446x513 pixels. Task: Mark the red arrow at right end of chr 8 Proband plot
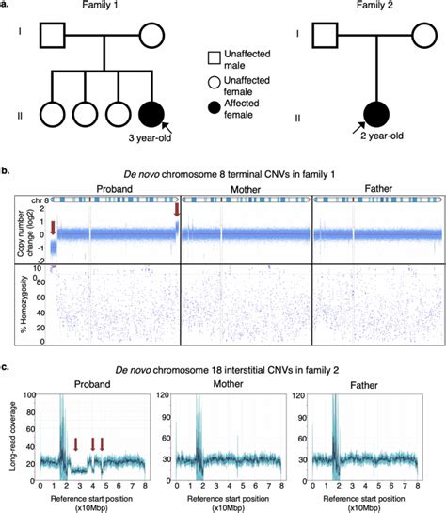(176, 216)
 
